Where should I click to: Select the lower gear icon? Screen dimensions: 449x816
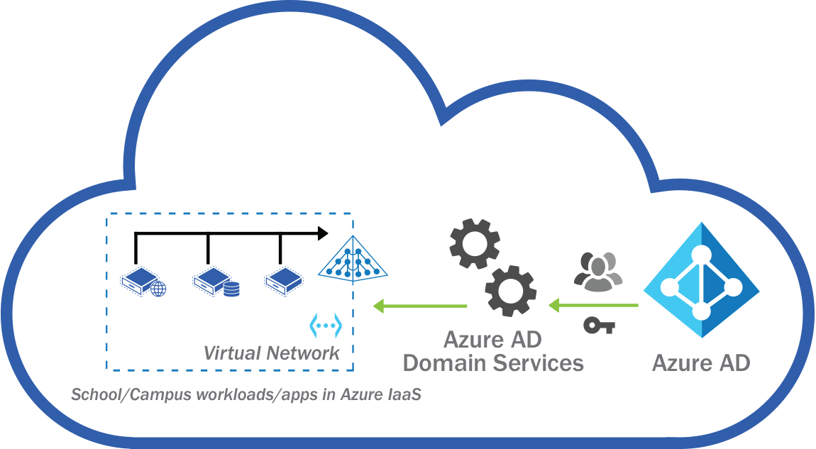tap(510, 291)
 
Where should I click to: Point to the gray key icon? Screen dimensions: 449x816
tap(598, 326)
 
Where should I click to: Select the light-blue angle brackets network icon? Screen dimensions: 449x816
tap(326, 326)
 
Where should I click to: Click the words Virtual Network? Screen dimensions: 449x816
tap(271, 353)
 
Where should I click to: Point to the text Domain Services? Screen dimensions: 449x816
tap(492, 363)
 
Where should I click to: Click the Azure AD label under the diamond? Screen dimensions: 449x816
tap(700, 363)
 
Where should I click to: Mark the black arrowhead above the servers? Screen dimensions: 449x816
tap(323, 233)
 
